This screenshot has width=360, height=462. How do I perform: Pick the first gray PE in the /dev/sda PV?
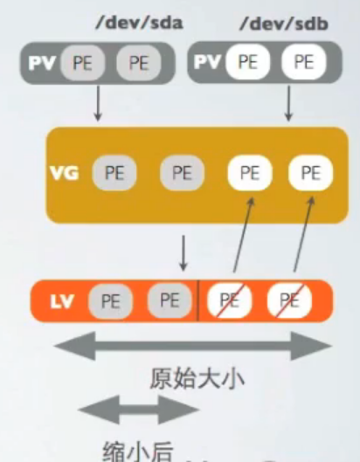click(x=80, y=63)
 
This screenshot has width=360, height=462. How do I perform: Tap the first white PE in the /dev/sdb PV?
click(x=247, y=63)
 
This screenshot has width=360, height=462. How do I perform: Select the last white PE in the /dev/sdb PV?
click(x=303, y=63)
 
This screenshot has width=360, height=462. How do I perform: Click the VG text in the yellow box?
click(x=66, y=172)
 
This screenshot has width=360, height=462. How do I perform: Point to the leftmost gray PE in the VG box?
click(x=113, y=173)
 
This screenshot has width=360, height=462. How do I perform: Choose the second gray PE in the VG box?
click(x=181, y=173)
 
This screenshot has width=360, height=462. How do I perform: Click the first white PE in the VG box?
click(x=249, y=173)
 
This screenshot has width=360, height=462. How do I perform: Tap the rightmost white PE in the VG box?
click(x=310, y=173)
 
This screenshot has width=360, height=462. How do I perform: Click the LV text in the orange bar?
click(x=60, y=301)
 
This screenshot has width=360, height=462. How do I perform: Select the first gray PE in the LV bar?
click(x=110, y=301)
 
